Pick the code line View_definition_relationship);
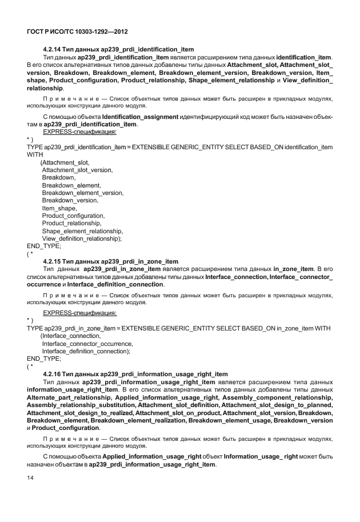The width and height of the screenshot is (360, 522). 82,238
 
